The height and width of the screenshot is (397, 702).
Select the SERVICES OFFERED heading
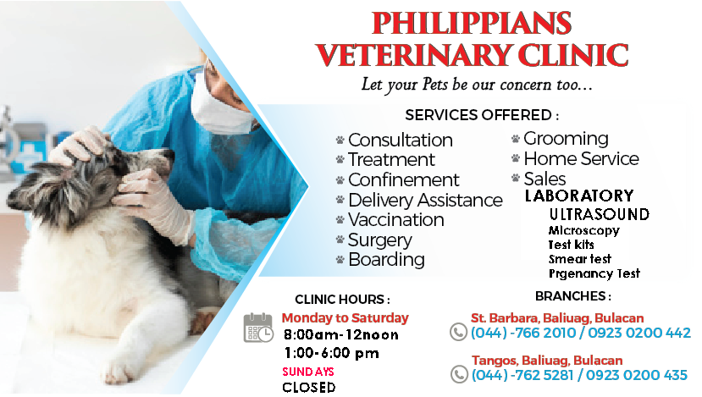click(482, 115)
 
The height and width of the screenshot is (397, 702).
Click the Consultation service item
click(401, 140)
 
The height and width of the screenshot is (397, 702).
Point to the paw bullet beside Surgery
click(340, 240)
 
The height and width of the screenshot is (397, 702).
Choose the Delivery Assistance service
click(425, 200)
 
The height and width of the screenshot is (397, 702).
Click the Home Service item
click(581, 158)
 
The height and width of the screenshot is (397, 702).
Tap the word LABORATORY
click(579, 196)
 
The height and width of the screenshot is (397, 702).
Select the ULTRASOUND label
click(599, 214)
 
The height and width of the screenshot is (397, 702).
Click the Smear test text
click(580, 259)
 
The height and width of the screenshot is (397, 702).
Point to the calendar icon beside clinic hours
click(258, 328)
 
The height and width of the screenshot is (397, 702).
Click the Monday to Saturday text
click(345, 317)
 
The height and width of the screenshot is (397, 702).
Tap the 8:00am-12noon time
click(341, 335)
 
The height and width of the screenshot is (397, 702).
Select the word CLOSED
click(309, 387)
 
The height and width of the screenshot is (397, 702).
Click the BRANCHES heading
click(572, 296)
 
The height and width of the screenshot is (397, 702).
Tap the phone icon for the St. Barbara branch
click(458, 332)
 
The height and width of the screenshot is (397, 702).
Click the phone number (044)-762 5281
click(522, 375)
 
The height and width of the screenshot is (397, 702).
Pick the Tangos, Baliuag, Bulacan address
click(547, 361)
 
